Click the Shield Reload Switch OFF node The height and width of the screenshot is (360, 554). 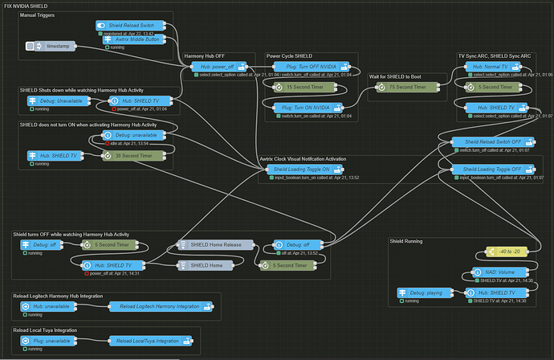(x=491, y=141)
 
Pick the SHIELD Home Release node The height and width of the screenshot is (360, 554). (x=214, y=244)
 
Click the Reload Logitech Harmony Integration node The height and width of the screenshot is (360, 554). (x=159, y=307)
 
